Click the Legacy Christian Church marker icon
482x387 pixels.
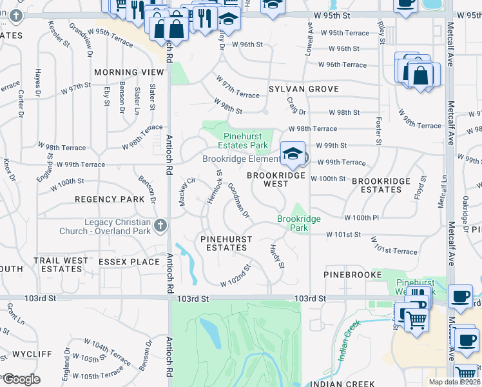(160, 225)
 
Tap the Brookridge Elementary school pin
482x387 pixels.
(293, 154)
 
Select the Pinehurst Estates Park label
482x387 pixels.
(245, 141)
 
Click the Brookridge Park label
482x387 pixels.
(298, 223)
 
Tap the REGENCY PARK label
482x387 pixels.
(109, 200)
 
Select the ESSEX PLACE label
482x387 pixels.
(129, 262)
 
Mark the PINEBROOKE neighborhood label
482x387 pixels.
(344, 275)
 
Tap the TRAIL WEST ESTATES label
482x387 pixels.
(61, 264)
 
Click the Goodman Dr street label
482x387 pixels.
(238, 200)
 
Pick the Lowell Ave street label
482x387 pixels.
(309, 39)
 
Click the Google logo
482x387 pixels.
(21, 379)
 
